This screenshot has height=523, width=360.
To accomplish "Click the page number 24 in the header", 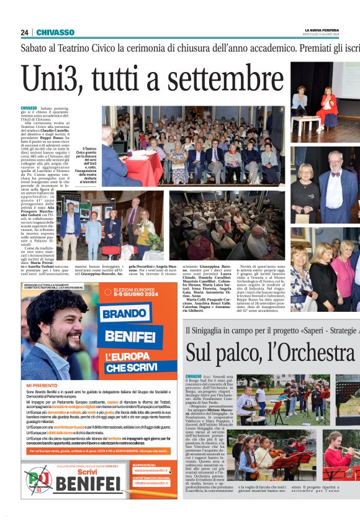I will (x=25, y=32).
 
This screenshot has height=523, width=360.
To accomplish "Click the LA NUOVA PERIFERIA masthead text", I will (x=322, y=30).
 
